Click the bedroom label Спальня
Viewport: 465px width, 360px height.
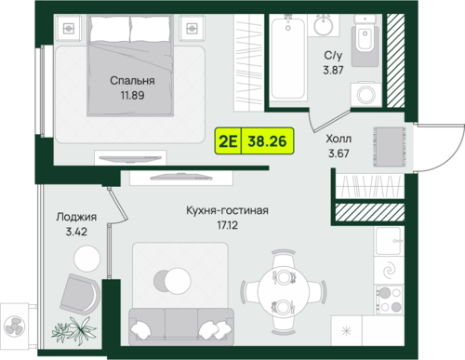[x=132, y=81]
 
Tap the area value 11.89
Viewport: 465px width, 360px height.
[x=132, y=95]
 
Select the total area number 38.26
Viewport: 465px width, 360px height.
[x=267, y=141]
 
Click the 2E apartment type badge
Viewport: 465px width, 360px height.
[x=228, y=141]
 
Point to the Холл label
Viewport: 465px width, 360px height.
[x=339, y=139]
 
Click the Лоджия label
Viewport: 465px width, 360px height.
[x=76, y=217]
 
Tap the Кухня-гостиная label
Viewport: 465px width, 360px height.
[x=227, y=210]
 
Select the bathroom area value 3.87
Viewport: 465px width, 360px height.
[x=333, y=70]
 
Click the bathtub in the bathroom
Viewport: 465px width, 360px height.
[x=288, y=58]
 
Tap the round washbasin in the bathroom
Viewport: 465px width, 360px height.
[x=323, y=25]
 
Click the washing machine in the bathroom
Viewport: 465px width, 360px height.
[x=366, y=94]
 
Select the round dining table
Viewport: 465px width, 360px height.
[x=283, y=292]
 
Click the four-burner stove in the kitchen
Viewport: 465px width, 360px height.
[x=390, y=300]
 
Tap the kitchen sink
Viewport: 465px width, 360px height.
[x=389, y=241]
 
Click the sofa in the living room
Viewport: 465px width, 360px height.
[x=181, y=327]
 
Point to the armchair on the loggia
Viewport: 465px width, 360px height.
[x=80, y=294]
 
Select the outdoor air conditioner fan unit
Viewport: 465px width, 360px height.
[x=15, y=325]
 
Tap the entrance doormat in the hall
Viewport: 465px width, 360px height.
[x=390, y=147]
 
